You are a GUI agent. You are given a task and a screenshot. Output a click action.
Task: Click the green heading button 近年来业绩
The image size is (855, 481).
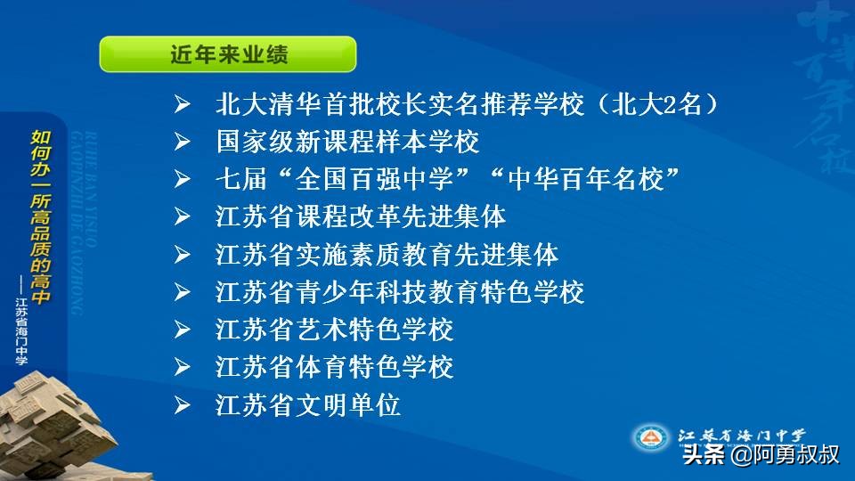coord(228,54)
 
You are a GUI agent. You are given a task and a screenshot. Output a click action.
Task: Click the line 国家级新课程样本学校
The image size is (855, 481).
coord(347,142)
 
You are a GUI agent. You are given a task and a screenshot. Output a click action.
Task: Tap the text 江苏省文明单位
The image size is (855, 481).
coord(308,405)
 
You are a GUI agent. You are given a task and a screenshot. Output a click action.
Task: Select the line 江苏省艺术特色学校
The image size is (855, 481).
coord(335,330)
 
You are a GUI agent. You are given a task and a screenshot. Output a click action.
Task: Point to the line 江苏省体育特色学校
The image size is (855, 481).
coord(335,367)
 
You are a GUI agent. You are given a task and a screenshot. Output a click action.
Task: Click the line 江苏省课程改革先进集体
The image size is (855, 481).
coord(361,216)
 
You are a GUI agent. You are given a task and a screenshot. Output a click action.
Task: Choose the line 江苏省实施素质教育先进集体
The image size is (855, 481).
coord(387,255)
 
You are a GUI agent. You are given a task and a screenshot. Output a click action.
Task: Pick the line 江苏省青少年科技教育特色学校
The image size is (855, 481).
coord(400,292)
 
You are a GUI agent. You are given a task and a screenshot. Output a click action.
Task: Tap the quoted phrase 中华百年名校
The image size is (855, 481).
coord(589,179)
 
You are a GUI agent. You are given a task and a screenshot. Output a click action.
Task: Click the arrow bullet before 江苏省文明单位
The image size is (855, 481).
coord(183,406)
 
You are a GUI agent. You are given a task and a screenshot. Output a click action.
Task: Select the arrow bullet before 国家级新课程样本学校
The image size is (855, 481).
coord(183,143)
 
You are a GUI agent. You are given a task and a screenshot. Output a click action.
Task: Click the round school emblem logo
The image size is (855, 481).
coord(652,437)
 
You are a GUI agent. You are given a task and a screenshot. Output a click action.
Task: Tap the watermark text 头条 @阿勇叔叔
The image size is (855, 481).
coord(761,455)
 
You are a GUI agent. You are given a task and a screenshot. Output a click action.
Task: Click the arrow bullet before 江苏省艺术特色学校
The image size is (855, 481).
coord(183,330)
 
